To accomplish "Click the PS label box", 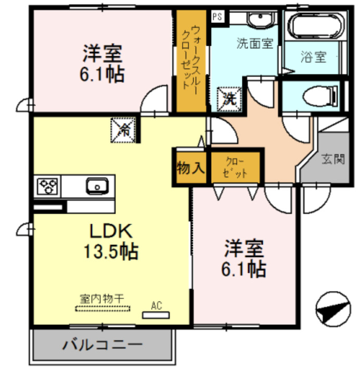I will click(217, 16).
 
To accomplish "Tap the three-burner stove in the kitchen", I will click(48, 186).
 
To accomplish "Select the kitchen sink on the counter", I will click(97, 186).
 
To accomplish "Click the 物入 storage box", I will click(190, 168).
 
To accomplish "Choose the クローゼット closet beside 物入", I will click(235, 167).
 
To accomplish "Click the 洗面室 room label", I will click(255, 43).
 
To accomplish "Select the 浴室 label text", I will click(313, 57).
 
